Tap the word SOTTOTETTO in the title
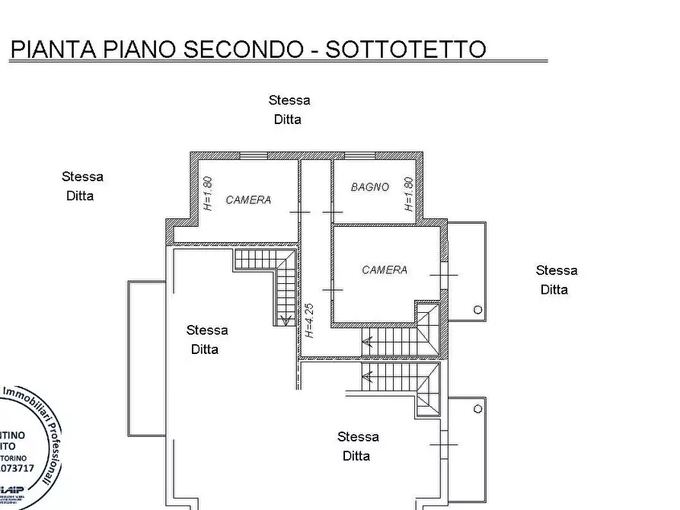pos(405,49)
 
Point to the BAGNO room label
pos(370,187)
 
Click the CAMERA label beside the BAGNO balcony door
pos(385,269)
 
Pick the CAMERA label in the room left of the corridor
pos(248,200)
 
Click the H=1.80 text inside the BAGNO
pos(409,194)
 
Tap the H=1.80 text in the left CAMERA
pos(208,194)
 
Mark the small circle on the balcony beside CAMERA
pos(477,309)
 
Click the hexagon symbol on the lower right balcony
pos(477,409)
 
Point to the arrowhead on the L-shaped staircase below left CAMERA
pos(286,320)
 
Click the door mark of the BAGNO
pos(333,211)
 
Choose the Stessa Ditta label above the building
pos(289,110)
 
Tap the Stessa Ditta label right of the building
pos(556,279)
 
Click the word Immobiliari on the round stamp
pos(26,396)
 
